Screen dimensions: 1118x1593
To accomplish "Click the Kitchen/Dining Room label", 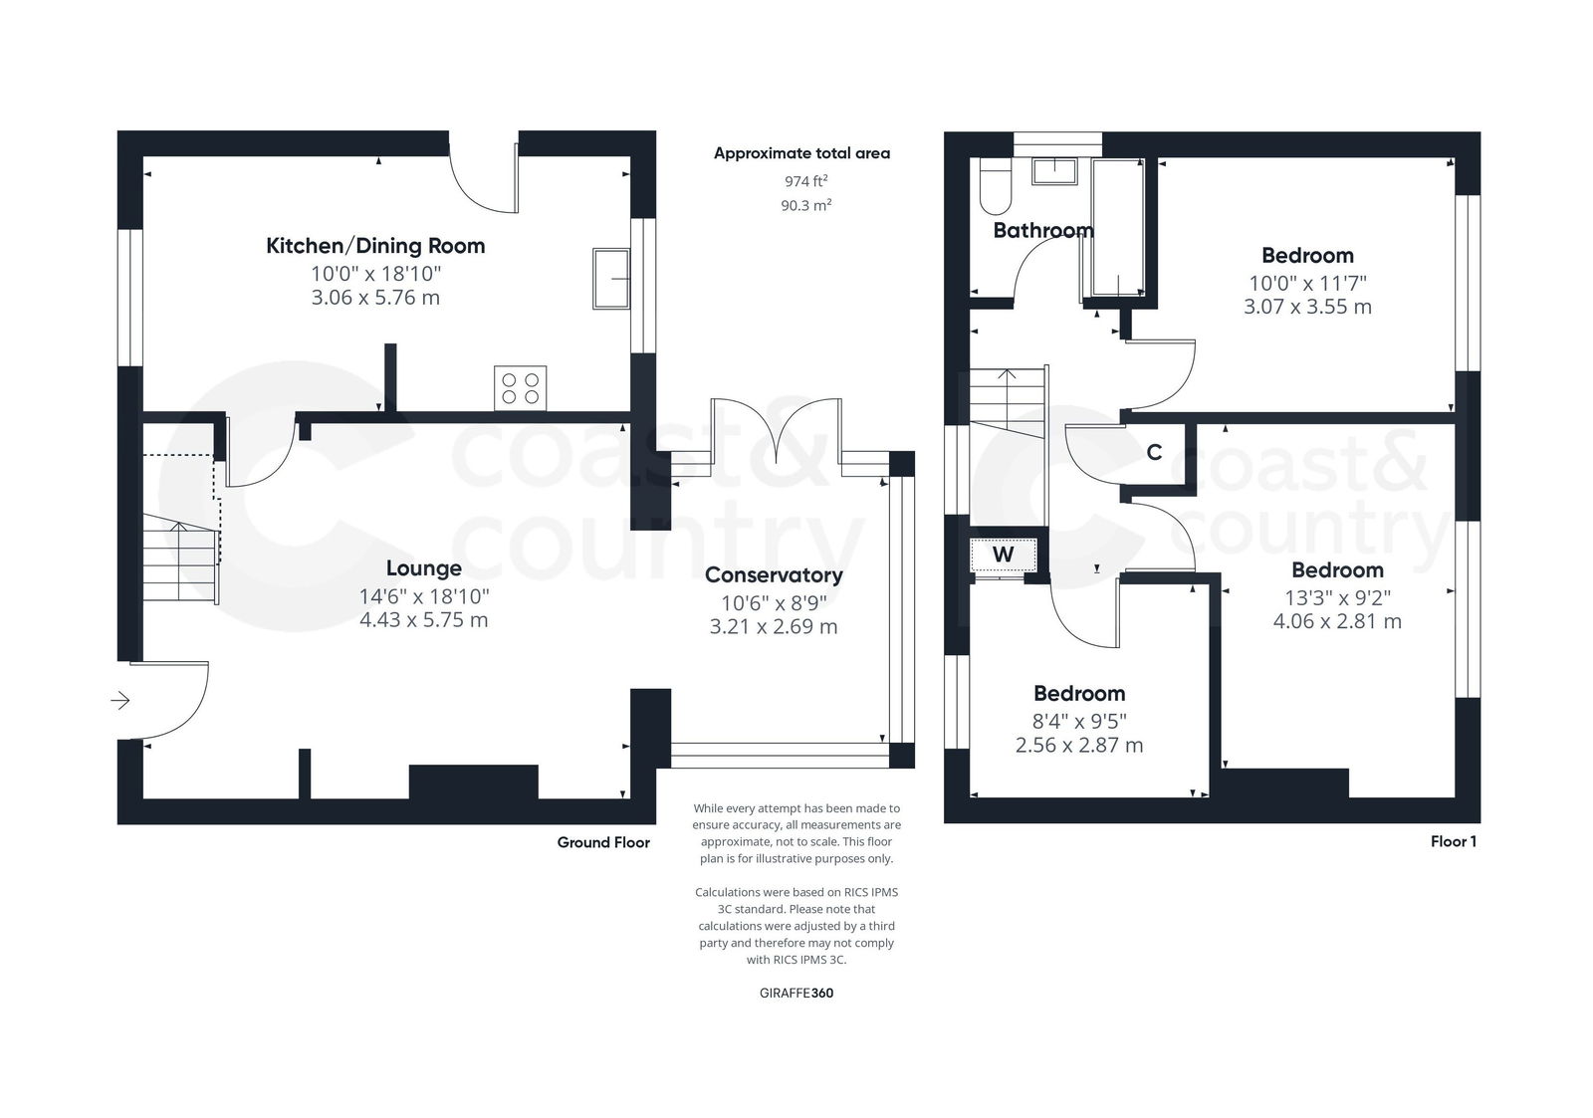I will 375,246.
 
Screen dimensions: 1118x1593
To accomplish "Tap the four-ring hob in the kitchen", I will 520,387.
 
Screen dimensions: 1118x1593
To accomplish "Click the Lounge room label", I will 424,568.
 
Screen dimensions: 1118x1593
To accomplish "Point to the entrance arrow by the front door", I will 119,701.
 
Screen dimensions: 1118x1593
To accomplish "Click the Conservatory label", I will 774,574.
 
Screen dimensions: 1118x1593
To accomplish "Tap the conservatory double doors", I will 776,434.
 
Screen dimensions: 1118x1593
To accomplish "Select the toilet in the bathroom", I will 995,188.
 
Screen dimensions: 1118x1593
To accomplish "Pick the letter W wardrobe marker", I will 1004,555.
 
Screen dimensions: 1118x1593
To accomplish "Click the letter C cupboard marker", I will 1154,453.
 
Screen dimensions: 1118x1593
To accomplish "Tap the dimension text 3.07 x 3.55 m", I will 1307,307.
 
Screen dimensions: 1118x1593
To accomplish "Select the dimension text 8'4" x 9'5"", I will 1079,721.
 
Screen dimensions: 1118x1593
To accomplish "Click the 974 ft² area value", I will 805,181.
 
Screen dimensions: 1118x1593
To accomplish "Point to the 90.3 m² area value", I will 805,205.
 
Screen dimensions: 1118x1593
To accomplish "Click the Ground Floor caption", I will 603,842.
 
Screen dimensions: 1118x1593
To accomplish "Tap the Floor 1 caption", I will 1453,841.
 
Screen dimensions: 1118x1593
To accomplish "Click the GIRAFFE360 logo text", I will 796,993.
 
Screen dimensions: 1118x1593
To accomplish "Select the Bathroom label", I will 1043,231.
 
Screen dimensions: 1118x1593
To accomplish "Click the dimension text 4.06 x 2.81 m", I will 1337,622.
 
